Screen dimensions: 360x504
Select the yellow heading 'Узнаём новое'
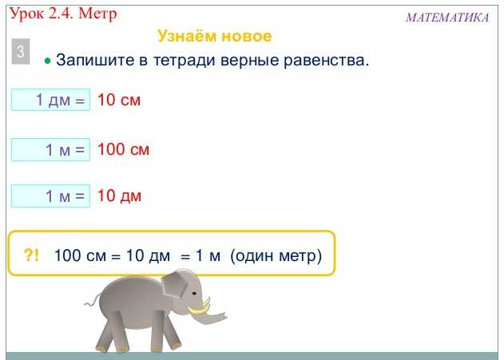point(215,37)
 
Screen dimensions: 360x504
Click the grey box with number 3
point(21,52)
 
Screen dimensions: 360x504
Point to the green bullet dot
point(48,61)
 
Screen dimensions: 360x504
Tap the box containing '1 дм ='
point(50,101)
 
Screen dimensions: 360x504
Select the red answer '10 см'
point(119,101)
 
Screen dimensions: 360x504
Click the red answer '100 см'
point(123,149)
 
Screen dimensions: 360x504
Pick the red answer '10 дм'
point(119,196)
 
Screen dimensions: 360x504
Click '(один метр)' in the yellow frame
point(276,256)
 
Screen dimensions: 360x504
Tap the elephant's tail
point(90,302)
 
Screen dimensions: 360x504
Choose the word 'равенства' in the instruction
point(330,61)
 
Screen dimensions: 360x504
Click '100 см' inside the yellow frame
point(78,256)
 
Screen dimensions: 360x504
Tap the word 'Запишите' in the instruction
point(88,61)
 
